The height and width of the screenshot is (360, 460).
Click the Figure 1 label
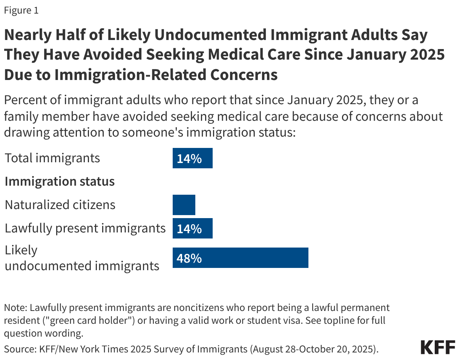point(21,11)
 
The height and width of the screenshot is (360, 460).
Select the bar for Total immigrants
point(192,158)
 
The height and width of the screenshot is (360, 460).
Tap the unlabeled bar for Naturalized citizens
point(184,205)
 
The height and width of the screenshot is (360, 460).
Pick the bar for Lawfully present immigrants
point(192,228)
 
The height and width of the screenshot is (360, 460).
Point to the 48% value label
point(189,258)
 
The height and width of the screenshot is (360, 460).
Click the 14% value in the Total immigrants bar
point(189,158)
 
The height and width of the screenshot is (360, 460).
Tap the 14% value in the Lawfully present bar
point(189,229)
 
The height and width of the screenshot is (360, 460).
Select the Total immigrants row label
point(52,158)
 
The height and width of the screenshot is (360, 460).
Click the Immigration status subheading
point(60,182)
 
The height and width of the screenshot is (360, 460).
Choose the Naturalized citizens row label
point(60,205)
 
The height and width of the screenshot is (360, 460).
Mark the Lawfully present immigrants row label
point(85,228)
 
